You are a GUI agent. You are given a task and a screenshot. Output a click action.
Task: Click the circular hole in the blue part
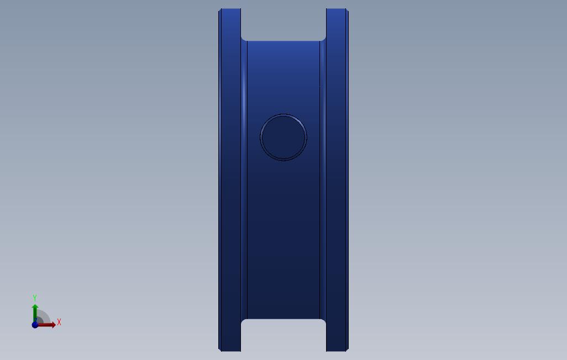coord(283,137)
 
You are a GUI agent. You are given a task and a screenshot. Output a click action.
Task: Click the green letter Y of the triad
coord(35,298)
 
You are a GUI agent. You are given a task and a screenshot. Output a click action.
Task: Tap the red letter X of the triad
coord(59,322)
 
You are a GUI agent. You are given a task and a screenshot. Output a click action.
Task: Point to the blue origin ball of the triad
coord(35,325)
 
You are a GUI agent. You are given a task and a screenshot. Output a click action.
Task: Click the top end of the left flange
coord(230,9)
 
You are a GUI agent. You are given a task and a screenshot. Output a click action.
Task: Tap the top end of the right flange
coord(337,9)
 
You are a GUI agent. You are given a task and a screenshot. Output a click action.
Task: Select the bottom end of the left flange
coord(230,350)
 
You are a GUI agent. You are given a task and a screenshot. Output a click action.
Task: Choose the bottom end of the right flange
coord(337,350)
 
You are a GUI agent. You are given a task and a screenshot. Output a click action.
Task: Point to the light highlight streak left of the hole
coord(244,99)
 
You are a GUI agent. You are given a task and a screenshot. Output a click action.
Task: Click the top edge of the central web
coord(283,41)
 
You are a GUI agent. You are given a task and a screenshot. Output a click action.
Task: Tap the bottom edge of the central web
coord(283,319)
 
